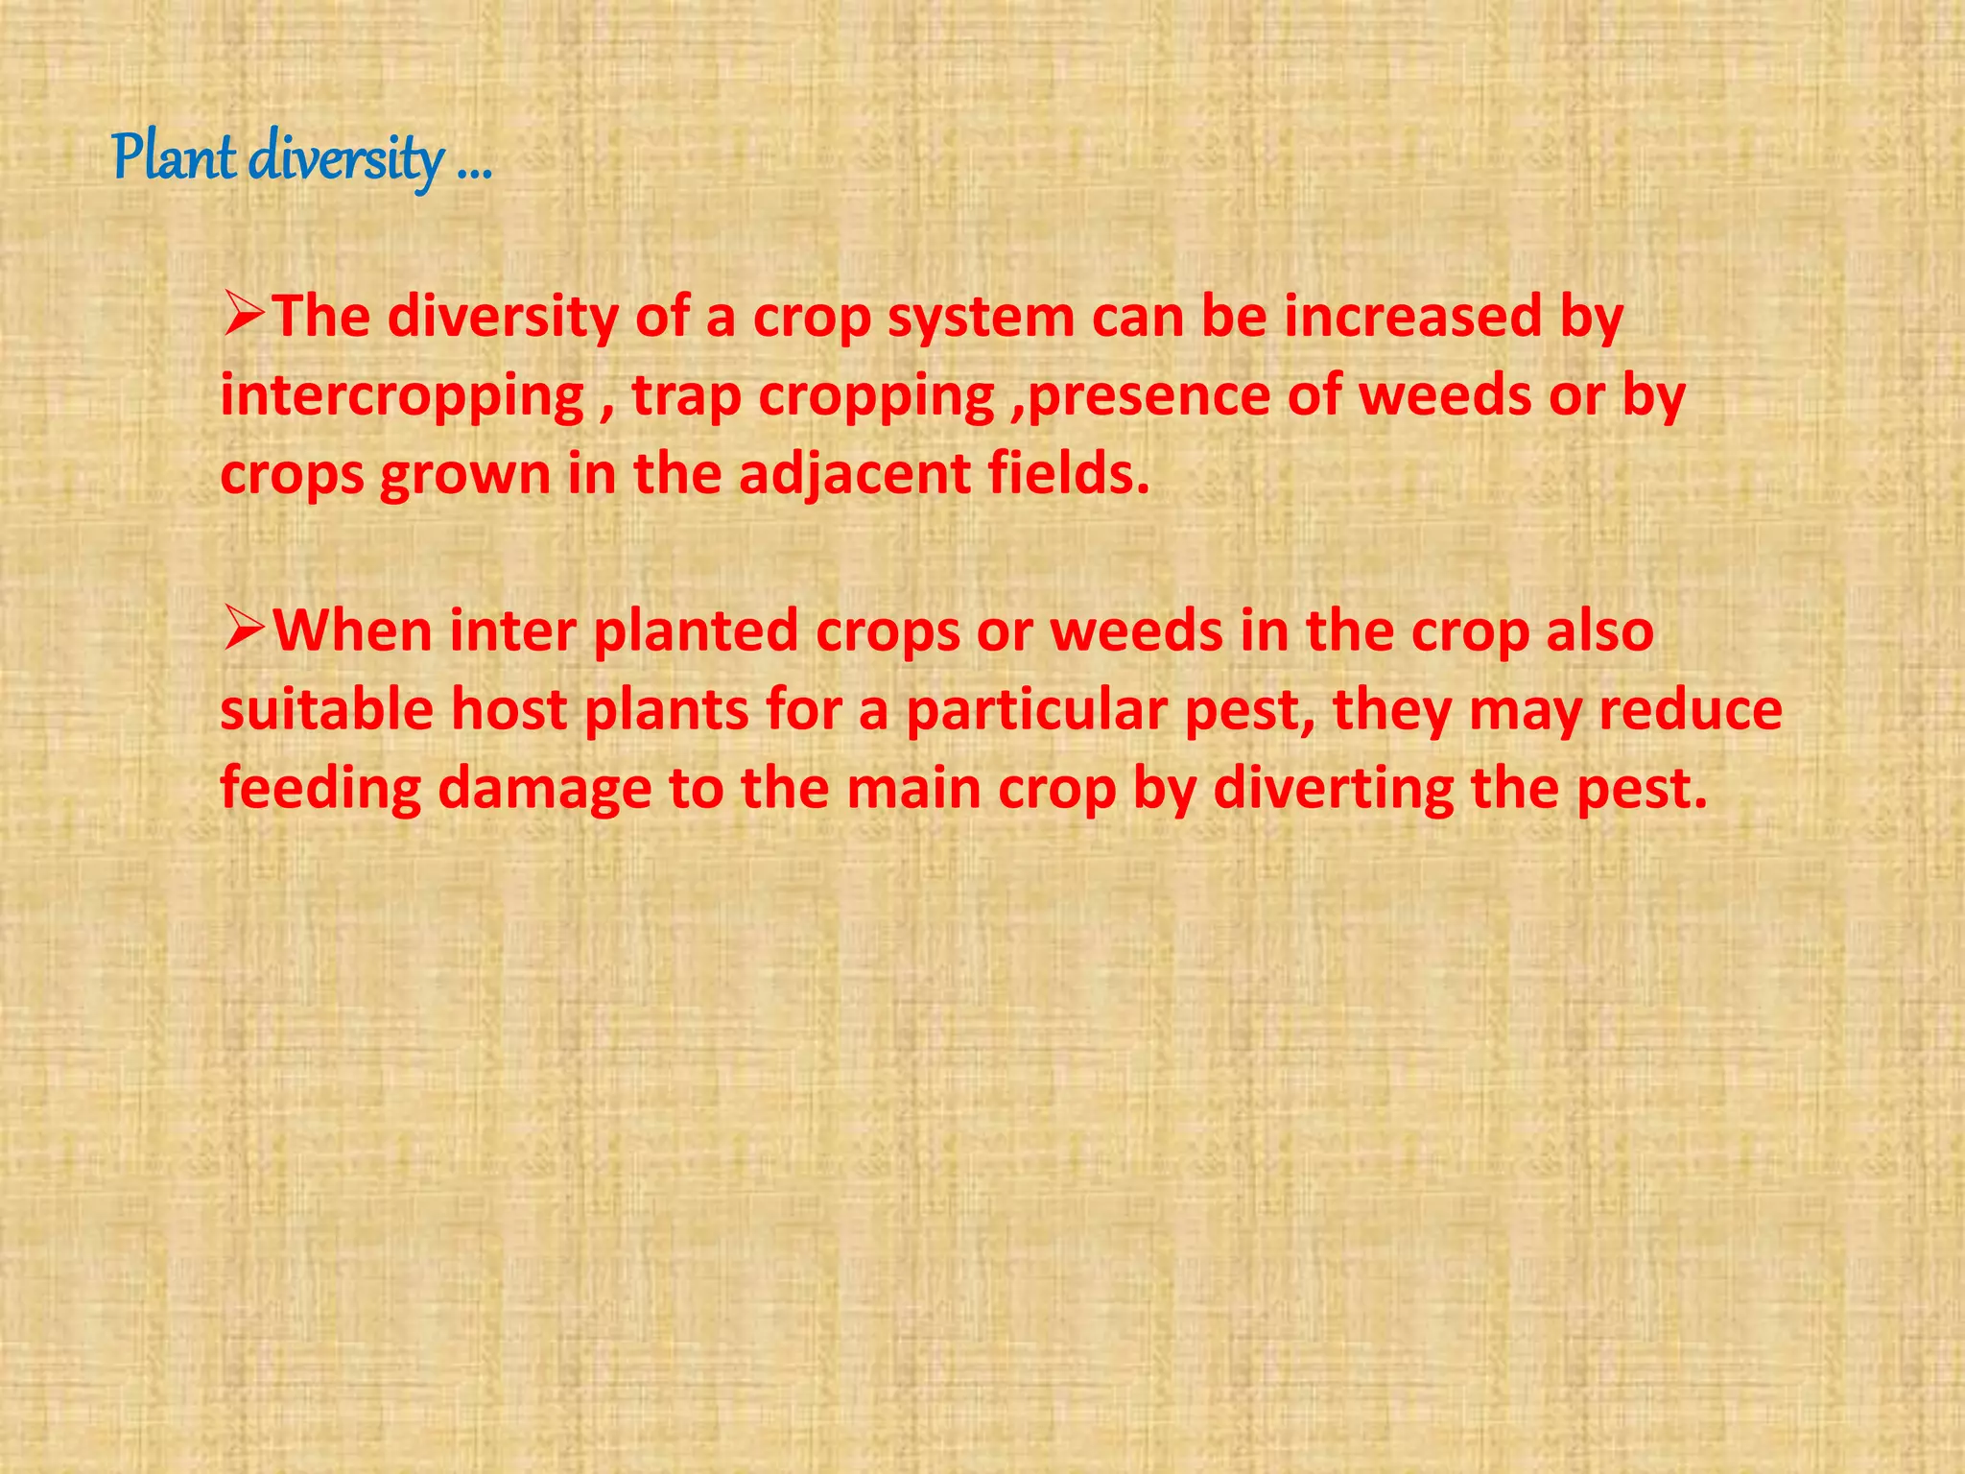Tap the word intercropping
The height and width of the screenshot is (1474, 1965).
[402, 397]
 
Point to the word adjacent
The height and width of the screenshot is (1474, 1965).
[855, 476]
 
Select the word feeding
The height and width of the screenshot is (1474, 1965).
[320, 791]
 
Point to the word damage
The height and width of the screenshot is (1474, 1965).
[545, 791]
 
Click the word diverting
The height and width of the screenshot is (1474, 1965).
[1334, 791]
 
